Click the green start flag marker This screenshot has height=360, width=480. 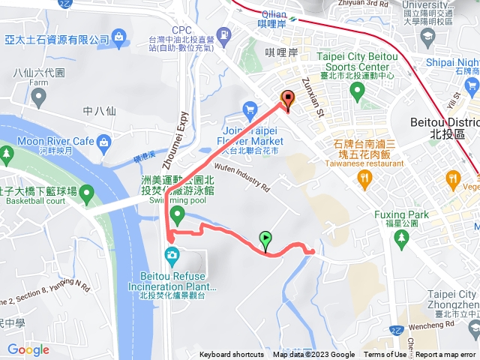click(x=265, y=241)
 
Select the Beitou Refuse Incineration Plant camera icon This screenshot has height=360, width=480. click(x=172, y=256)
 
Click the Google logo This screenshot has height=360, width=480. click(x=28, y=349)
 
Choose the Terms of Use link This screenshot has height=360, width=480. click(x=385, y=355)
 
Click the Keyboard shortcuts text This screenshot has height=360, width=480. click(x=232, y=355)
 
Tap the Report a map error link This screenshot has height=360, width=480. click(x=446, y=355)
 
